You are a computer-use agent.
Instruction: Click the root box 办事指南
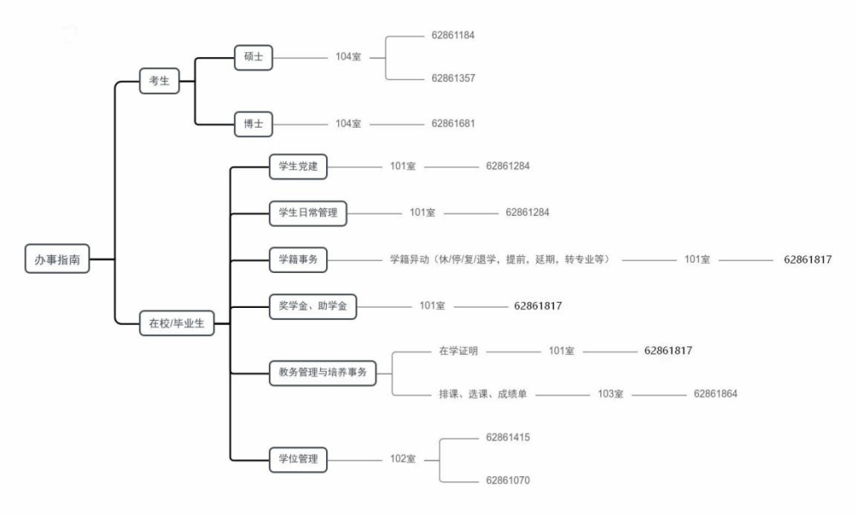point(57,259)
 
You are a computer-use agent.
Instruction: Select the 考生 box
point(159,81)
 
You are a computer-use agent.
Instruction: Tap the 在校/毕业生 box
point(177,323)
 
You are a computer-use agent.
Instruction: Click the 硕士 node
point(254,57)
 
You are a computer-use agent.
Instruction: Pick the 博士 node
point(254,124)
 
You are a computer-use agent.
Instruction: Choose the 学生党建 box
point(298,166)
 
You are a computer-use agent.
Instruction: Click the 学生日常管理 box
point(308,213)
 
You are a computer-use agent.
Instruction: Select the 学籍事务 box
point(298,259)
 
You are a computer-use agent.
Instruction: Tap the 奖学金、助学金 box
point(313,305)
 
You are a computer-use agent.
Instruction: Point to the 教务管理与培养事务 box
point(323,373)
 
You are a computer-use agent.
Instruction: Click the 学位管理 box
point(298,459)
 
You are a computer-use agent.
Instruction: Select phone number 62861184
point(453,36)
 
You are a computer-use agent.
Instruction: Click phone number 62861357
point(453,78)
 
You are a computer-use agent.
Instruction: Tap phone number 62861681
point(453,123)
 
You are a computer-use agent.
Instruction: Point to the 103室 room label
point(610,394)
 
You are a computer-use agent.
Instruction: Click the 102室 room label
point(403,459)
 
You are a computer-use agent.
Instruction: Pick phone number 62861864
point(716,394)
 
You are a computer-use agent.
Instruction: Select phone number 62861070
point(508,481)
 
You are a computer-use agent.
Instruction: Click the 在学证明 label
point(459,351)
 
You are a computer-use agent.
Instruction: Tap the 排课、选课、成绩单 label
point(483,394)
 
